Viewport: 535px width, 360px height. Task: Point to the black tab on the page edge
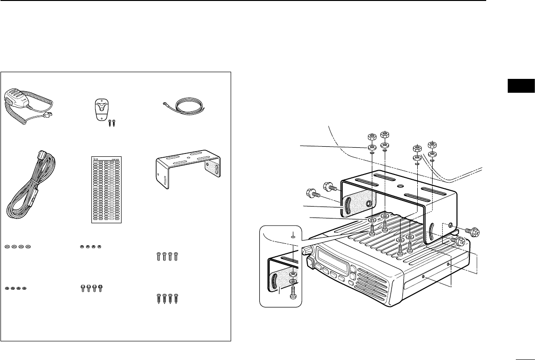point(521,87)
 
